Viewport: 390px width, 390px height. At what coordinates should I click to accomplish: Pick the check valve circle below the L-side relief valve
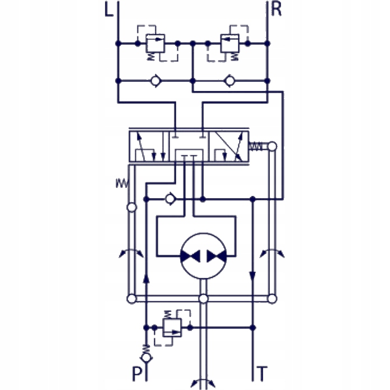coord(155,81)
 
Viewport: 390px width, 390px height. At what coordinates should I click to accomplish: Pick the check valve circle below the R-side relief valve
coord(229,81)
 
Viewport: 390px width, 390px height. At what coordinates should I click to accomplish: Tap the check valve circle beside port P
coord(146,356)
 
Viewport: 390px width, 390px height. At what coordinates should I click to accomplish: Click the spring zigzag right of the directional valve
coord(255,146)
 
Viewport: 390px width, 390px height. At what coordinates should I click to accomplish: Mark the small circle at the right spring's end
coord(272,146)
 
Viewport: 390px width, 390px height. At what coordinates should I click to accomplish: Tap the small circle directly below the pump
coord(204,298)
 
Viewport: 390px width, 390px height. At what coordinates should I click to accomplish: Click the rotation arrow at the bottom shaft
coord(204,383)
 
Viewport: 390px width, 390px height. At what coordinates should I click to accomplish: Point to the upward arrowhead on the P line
coord(146,276)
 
